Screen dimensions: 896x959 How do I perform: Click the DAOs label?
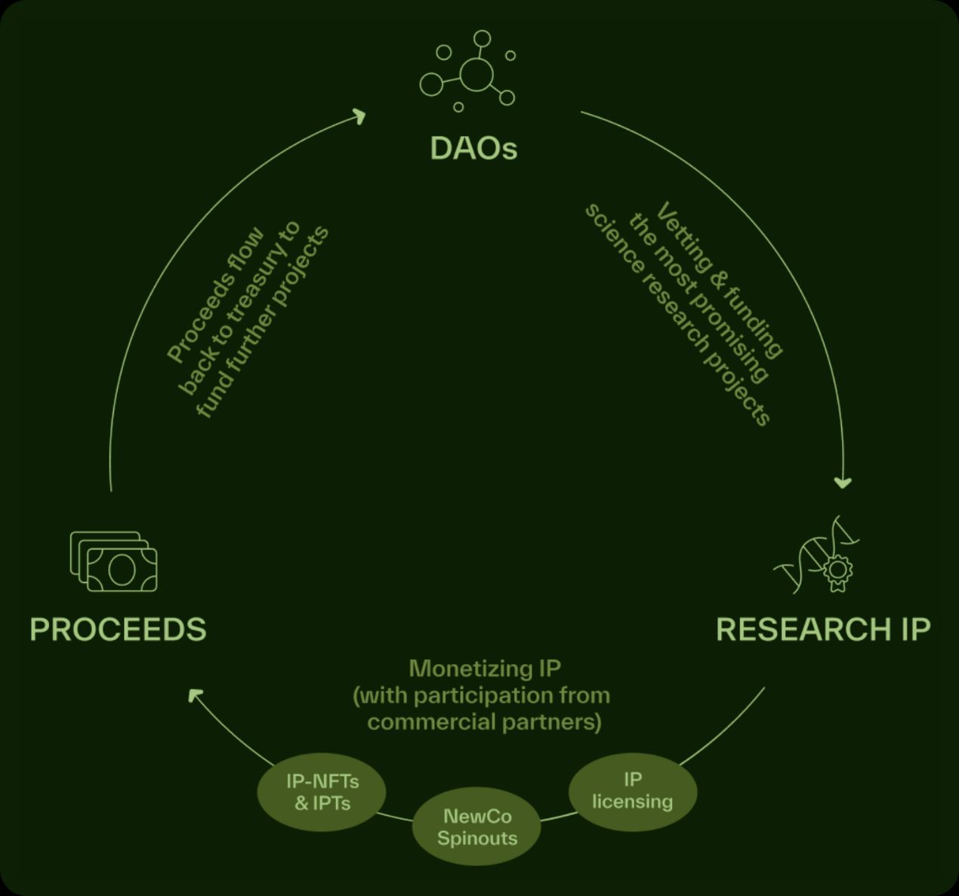(x=473, y=148)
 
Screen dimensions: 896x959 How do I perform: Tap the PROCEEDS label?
(x=118, y=629)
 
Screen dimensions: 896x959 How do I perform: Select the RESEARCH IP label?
(x=822, y=629)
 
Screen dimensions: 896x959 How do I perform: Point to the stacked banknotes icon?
(x=114, y=562)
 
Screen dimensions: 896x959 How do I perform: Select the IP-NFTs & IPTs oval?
(x=322, y=792)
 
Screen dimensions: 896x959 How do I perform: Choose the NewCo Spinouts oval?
(x=476, y=827)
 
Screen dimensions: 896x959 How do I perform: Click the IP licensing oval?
(x=632, y=790)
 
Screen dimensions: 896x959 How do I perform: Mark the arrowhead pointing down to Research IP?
(x=843, y=482)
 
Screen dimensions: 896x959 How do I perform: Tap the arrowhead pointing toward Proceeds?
(x=195, y=694)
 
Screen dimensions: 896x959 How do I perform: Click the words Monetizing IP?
(x=484, y=668)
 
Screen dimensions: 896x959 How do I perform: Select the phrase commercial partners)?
(x=484, y=722)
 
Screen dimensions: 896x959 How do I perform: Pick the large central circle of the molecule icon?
(x=476, y=74)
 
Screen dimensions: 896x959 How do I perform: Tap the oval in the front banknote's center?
(x=122, y=570)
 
